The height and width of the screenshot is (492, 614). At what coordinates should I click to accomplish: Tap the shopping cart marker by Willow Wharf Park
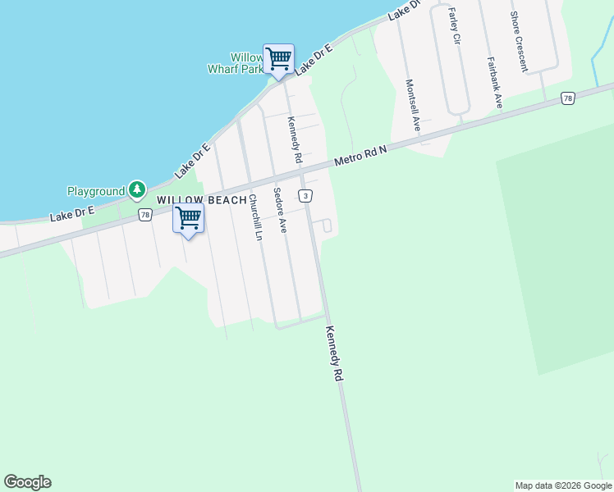tap(278, 59)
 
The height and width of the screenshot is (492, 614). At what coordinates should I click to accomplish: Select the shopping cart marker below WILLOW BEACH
tap(189, 218)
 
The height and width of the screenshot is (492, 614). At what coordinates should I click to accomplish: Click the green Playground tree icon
tap(137, 191)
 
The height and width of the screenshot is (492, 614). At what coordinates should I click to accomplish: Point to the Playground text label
tap(95, 191)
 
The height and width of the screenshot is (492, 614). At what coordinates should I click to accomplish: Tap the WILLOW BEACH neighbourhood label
tap(201, 200)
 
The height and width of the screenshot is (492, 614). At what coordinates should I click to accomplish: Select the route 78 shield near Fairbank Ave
tap(567, 98)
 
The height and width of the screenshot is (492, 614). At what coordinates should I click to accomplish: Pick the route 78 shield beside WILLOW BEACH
tap(145, 215)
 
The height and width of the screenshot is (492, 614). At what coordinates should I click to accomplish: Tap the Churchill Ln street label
tap(255, 216)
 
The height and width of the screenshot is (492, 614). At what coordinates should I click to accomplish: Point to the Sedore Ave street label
tap(280, 213)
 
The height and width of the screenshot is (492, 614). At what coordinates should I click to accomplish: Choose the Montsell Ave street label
tap(412, 106)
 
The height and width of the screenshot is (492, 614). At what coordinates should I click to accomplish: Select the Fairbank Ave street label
tap(494, 82)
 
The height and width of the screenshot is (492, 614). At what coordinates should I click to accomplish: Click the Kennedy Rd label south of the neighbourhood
tap(333, 353)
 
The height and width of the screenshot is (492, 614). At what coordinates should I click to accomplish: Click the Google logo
tap(27, 482)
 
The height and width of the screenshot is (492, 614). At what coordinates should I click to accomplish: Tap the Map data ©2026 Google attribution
tap(563, 485)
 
